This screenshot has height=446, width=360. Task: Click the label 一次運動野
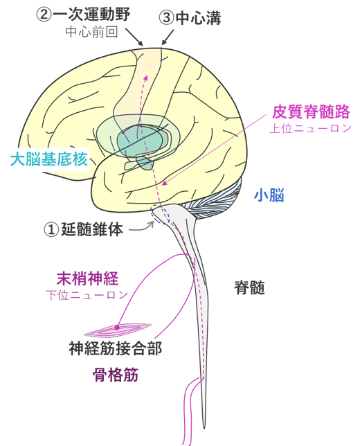(x=91, y=14)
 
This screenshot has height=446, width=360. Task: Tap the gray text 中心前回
(x=91, y=32)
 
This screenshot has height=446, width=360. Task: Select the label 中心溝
(x=198, y=18)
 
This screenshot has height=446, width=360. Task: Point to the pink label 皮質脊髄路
(x=311, y=111)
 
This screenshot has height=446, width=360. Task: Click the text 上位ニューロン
(x=311, y=128)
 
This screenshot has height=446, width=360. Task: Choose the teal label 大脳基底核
(x=48, y=159)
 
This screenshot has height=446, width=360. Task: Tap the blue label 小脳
(x=269, y=195)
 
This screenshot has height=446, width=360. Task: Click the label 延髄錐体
(x=92, y=229)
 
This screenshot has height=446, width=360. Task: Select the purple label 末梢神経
(x=88, y=278)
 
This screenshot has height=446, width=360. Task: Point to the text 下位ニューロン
(x=87, y=295)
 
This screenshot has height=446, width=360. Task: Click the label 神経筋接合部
(x=116, y=348)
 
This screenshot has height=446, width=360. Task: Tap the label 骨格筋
(x=116, y=374)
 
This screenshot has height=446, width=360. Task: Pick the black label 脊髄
(x=249, y=287)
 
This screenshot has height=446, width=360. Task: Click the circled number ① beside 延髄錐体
(x=51, y=229)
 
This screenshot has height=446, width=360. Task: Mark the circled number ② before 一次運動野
(x=44, y=15)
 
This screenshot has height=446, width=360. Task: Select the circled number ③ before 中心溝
(x=167, y=18)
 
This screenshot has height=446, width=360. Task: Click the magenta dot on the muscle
(x=117, y=328)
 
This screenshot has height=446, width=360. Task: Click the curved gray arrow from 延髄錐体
(x=142, y=228)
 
